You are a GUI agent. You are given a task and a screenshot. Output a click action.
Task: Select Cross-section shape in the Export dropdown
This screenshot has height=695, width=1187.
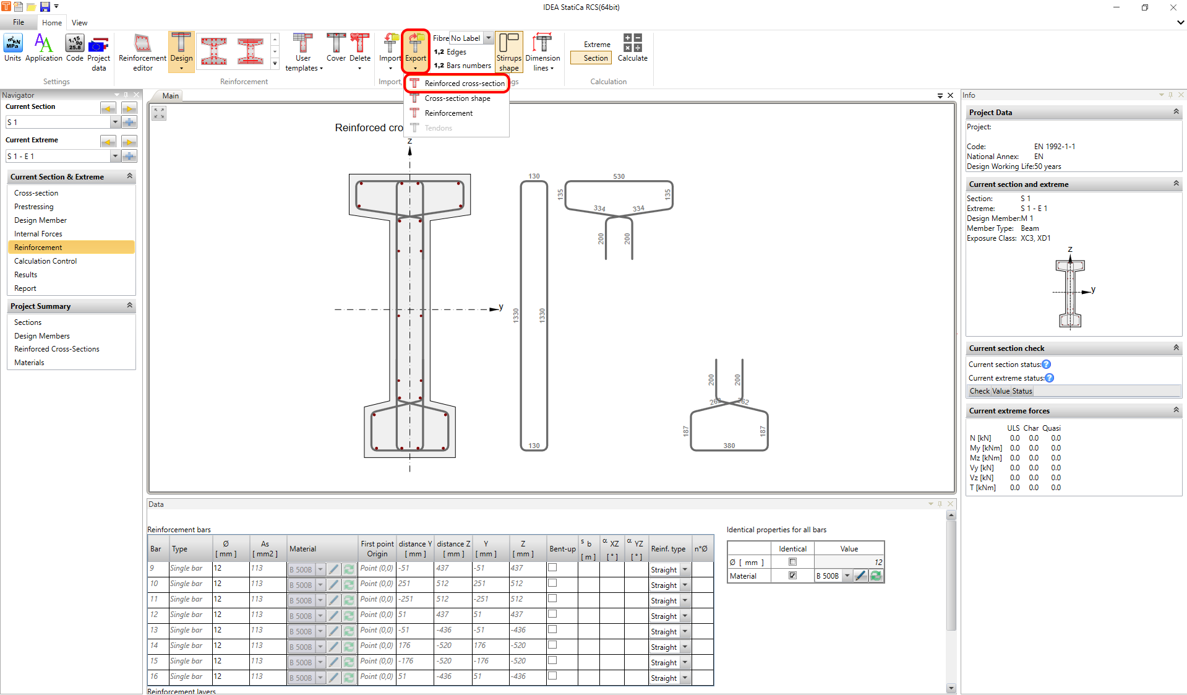pos(457,98)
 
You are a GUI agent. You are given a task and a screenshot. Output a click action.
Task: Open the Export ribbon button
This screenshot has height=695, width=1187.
pos(416,50)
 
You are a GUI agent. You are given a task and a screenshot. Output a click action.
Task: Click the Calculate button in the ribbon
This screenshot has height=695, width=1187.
pos(632,48)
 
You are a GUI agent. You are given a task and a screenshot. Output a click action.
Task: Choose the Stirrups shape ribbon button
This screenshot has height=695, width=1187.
pos(509,52)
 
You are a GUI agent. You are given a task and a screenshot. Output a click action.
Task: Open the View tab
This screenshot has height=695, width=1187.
pos(79,23)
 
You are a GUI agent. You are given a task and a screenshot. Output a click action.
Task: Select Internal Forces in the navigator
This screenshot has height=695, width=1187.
pos(38,234)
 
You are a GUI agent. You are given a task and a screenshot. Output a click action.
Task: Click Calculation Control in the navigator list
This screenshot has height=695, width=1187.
pos(46,261)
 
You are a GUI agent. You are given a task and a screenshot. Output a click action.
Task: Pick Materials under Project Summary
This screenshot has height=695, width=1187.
pos(29,363)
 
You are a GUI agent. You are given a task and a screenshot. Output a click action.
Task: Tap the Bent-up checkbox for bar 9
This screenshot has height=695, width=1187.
pos(552,568)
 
